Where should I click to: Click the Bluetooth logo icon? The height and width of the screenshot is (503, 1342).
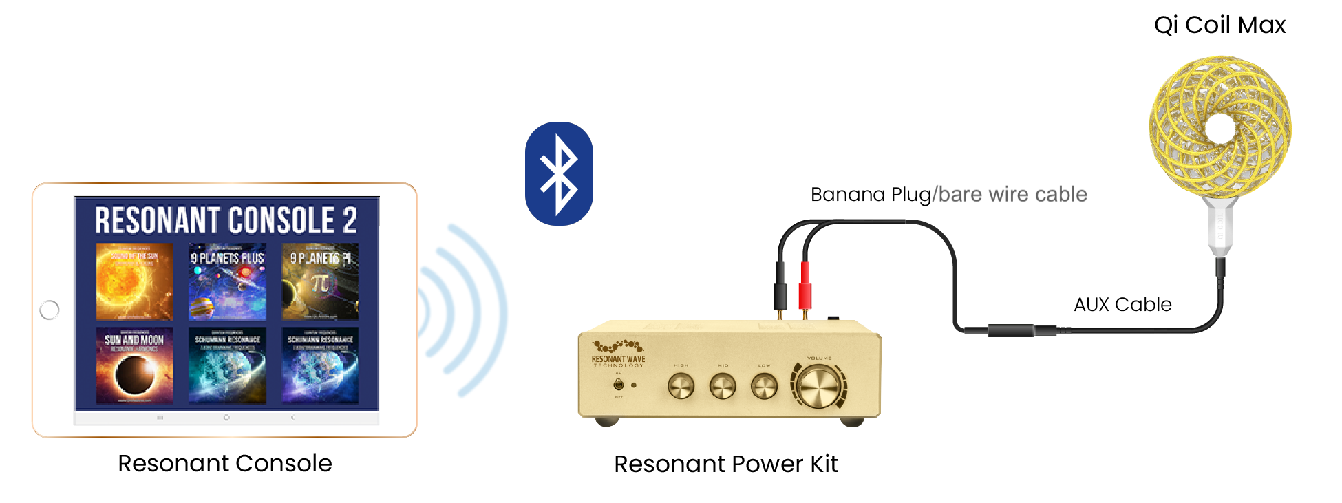(559, 173)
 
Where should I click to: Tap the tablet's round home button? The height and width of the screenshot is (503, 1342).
(50, 310)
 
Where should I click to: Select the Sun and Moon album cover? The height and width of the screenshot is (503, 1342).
(134, 365)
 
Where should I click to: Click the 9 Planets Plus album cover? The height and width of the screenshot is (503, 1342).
(227, 281)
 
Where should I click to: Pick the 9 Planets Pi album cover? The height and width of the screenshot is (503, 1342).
(320, 281)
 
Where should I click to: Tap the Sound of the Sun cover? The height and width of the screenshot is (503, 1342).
(134, 281)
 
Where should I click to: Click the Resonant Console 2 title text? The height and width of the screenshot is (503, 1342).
(226, 220)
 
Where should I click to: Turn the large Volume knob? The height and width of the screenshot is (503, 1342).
(819, 386)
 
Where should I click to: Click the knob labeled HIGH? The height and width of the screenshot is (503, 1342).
(681, 386)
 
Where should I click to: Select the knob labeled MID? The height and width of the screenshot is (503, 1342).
(723, 386)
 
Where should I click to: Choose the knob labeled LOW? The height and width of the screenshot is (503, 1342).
(764, 386)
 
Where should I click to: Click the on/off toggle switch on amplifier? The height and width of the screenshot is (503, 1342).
(619, 385)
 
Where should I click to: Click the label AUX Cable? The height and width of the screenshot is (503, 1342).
(1122, 304)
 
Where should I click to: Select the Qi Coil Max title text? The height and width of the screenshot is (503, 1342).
(1219, 25)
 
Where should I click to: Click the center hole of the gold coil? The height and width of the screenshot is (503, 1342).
(1221, 128)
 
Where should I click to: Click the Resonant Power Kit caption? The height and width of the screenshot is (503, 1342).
(725, 464)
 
